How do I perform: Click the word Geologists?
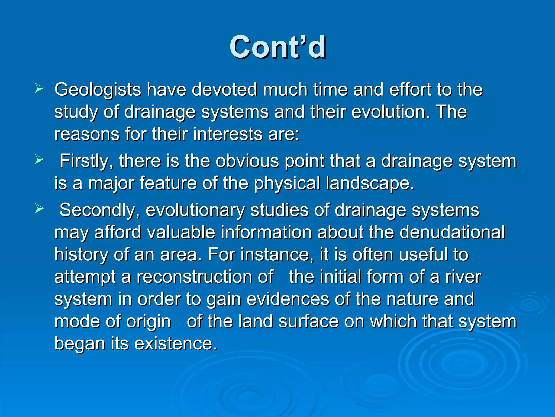click(x=98, y=90)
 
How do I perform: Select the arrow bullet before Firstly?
click(x=39, y=159)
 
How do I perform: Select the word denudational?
click(x=452, y=232)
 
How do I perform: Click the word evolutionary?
click(x=195, y=210)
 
